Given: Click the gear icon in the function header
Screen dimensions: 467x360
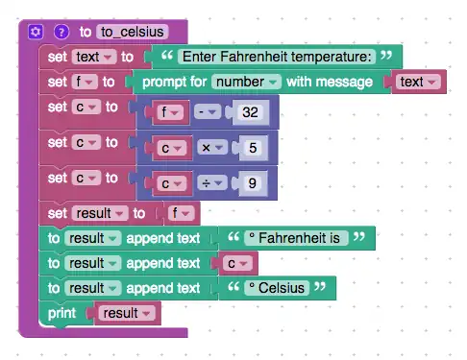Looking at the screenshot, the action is point(36,32).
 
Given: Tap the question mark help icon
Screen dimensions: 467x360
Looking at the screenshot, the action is point(61,32).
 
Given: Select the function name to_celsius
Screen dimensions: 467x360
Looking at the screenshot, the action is point(132,32).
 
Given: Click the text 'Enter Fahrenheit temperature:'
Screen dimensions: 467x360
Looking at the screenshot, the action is point(277,57).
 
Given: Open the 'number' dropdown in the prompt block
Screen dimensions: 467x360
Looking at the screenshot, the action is point(246,82).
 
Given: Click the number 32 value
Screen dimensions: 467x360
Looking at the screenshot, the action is point(250,112).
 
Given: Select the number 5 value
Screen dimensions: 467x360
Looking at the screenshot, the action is point(253,148).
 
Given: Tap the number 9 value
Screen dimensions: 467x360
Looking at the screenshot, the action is point(253,183).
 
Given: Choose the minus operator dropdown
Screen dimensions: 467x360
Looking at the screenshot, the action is point(208,112).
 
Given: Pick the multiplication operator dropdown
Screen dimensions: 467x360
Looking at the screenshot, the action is point(212,148).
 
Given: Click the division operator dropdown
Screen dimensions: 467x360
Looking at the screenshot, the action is point(212,183).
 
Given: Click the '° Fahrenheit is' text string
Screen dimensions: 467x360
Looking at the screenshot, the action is point(296,238).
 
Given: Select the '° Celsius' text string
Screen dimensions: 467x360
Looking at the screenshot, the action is point(277,288).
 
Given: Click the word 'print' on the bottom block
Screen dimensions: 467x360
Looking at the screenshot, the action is point(61,313).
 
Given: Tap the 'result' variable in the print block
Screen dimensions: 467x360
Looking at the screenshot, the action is point(127,313).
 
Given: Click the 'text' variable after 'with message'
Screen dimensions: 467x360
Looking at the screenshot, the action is point(418,82).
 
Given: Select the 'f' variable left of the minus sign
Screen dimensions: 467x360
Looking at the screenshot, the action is point(170,112).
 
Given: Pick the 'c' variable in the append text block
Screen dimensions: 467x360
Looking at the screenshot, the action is point(237,263).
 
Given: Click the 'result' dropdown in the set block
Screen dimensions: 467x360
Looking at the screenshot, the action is point(100,213).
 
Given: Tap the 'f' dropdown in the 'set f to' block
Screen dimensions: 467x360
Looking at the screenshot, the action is point(85,82).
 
